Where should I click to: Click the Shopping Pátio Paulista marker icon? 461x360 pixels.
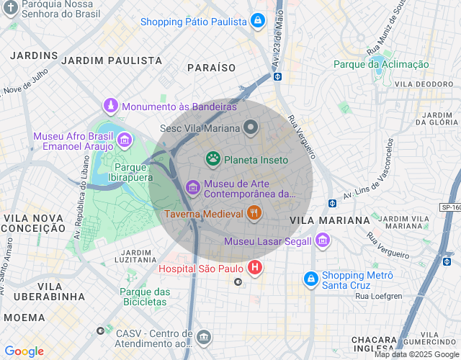point(257,22)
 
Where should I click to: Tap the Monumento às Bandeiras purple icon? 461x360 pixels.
point(111,107)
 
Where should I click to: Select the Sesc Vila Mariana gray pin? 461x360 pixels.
point(251,128)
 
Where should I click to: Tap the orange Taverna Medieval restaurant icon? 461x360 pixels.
point(254,213)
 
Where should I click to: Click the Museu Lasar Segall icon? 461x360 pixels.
point(322,240)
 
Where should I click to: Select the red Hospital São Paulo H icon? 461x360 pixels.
point(255,269)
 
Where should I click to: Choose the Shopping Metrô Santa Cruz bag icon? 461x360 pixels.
point(310,278)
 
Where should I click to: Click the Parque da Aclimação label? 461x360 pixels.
point(381,64)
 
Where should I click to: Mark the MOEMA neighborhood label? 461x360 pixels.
point(24,317)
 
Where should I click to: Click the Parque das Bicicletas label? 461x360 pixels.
point(145,297)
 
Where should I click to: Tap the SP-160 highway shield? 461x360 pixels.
point(449,207)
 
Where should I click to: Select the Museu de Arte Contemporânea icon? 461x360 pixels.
point(192,188)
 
